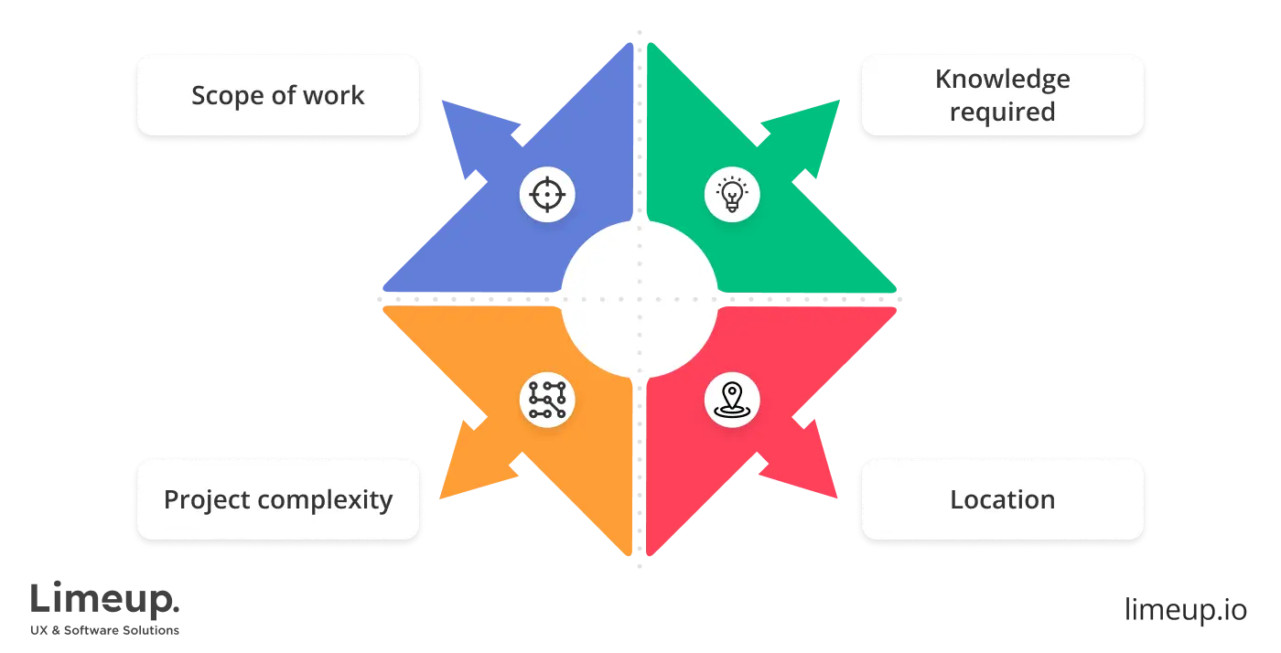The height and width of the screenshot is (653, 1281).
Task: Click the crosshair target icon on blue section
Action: tap(546, 195)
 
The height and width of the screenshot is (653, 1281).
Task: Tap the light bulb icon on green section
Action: tap(732, 195)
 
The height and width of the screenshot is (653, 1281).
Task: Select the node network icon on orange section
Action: tap(546, 401)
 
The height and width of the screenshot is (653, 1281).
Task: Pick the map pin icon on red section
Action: tap(732, 401)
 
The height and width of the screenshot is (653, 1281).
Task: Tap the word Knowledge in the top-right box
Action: tap(1002, 80)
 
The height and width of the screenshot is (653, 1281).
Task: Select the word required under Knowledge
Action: tap(1002, 112)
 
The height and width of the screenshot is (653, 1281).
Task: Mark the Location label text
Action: tap(1002, 500)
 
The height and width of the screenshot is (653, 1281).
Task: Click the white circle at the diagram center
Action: tap(639, 299)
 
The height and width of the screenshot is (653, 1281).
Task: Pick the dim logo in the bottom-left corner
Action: tap(105, 606)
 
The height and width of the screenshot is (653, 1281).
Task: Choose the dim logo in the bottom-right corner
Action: tap(1184, 608)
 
